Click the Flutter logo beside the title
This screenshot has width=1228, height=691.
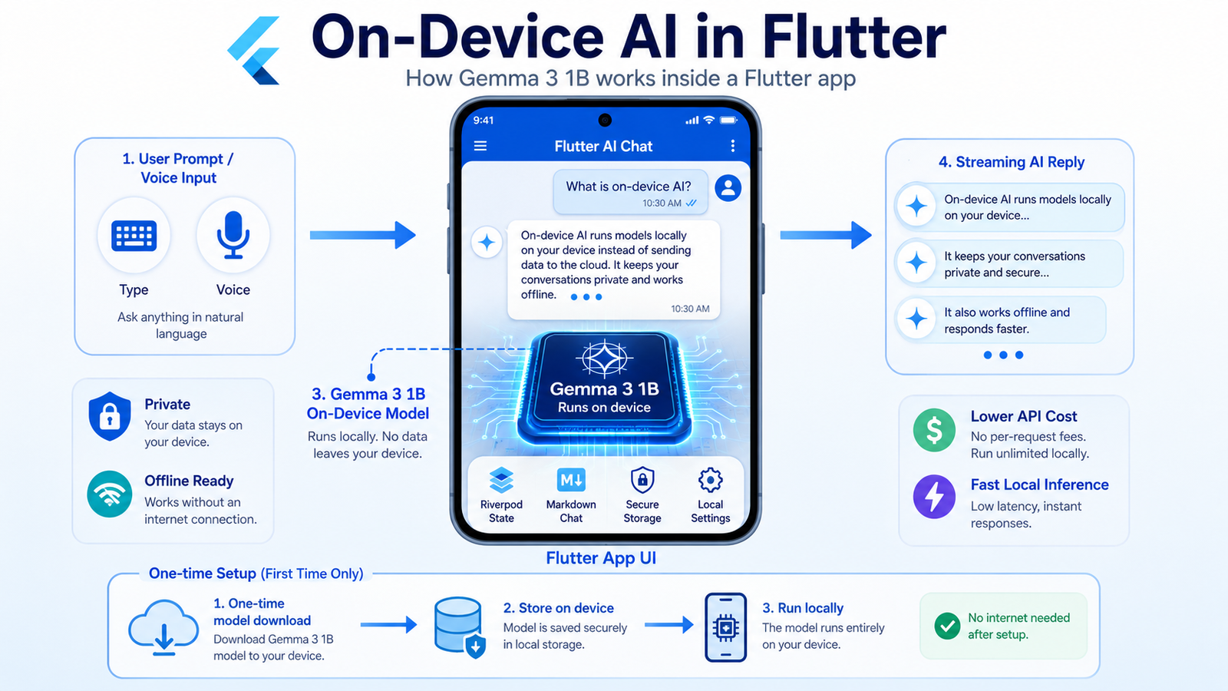point(254,51)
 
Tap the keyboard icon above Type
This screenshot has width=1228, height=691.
point(134,236)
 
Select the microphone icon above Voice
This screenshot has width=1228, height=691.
point(233,235)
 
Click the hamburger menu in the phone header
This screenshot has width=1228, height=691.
point(480,146)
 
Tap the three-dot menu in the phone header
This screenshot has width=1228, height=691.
point(732,145)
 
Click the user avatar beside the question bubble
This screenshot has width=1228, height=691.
point(728,188)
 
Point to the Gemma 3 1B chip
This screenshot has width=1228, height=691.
point(604,387)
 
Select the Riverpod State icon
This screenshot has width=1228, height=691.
point(501,480)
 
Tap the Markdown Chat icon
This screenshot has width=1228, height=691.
point(571,480)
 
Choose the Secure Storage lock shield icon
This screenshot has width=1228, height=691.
point(642,480)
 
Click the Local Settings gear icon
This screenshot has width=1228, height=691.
point(710,480)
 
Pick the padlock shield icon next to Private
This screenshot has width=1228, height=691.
point(110,416)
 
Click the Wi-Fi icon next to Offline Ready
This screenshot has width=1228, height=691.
point(110,494)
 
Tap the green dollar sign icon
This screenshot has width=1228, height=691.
point(934,430)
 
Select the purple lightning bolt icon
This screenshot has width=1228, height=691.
point(934,497)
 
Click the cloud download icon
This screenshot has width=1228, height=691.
point(163,627)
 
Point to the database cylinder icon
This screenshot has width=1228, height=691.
point(458,625)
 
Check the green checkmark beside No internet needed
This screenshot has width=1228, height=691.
point(947,626)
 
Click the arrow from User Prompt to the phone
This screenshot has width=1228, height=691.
point(362,235)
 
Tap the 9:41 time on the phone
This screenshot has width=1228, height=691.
point(483,120)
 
